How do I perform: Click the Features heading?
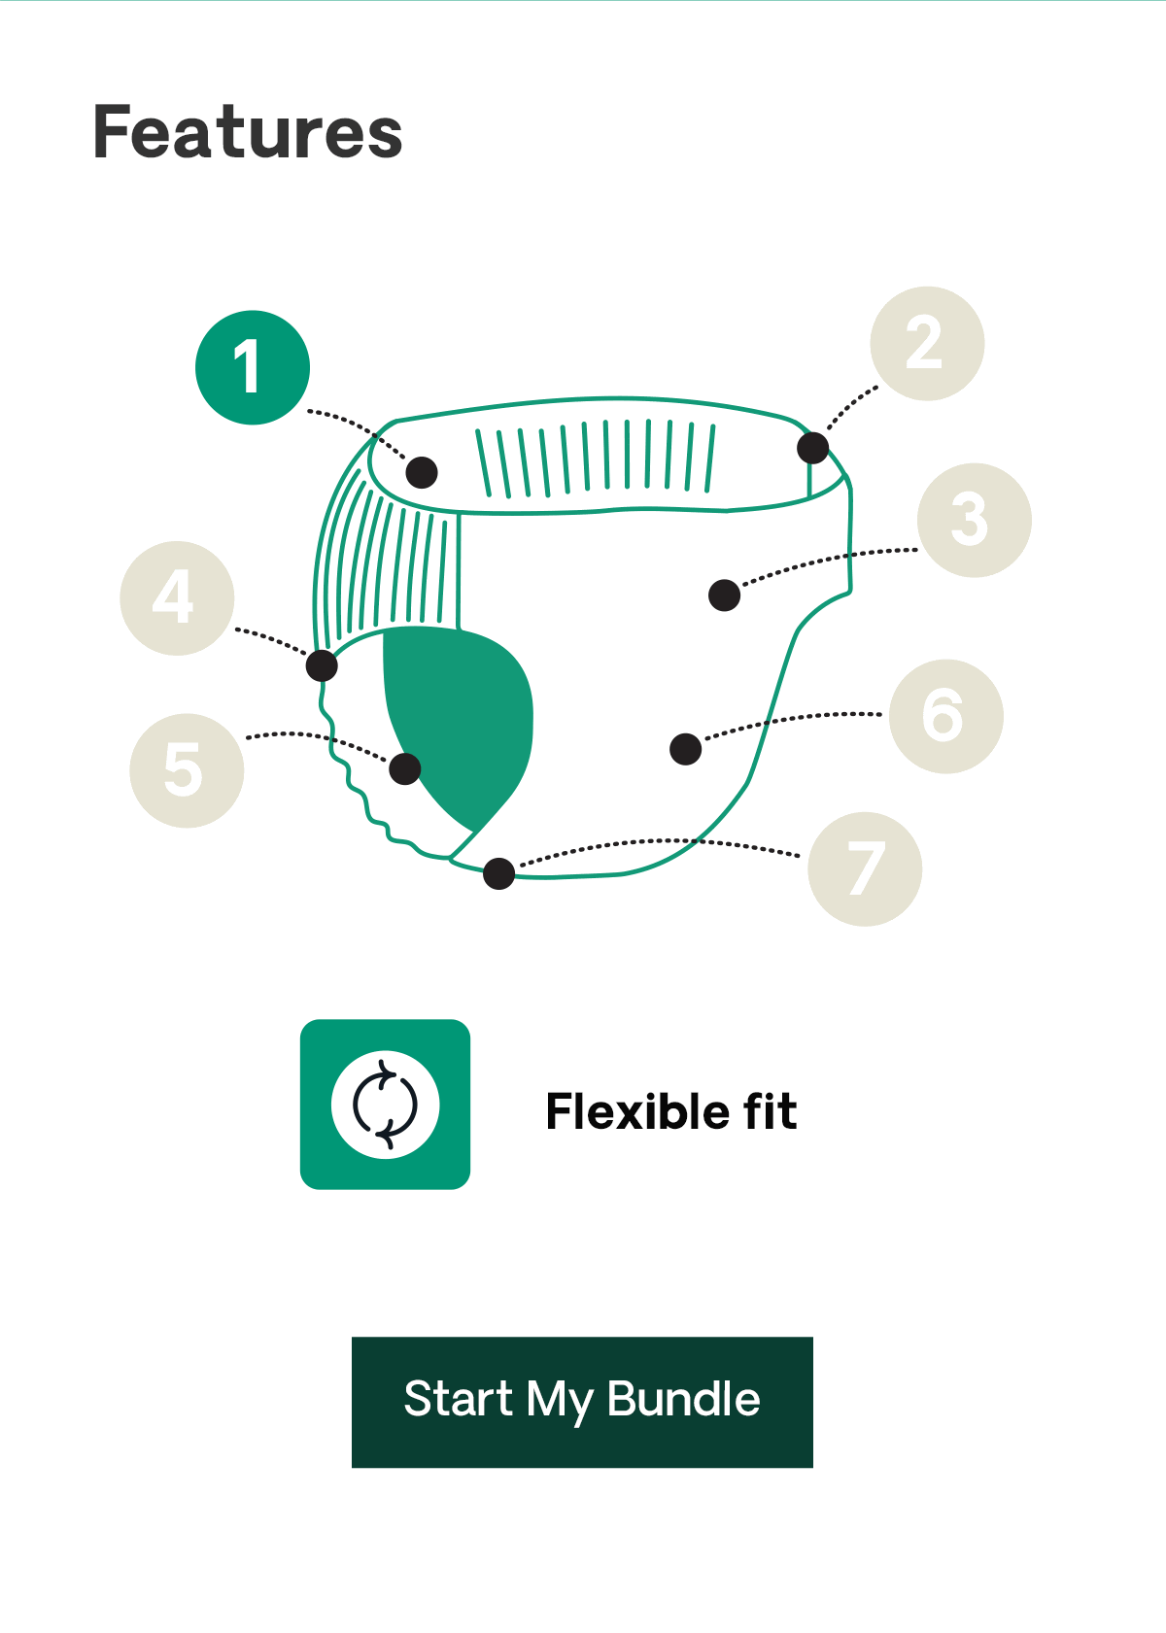tap(248, 131)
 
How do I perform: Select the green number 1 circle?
tap(253, 367)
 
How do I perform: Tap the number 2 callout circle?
tap(927, 343)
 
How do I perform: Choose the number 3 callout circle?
tap(975, 521)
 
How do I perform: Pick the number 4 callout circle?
tap(177, 597)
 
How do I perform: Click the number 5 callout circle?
tap(187, 770)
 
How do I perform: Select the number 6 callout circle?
tap(945, 717)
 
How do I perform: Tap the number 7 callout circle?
tap(865, 869)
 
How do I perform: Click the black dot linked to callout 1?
tap(422, 472)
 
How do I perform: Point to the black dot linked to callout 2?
tap(812, 448)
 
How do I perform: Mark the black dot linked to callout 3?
tap(724, 595)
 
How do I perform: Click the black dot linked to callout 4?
tap(322, 665)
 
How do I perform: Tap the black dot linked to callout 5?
tap(405, 768)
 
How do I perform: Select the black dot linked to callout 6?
tap(685, 749)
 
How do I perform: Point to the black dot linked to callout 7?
tap(498, 873)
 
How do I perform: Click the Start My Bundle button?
tap(582, 1402)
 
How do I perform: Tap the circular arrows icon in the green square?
tap(385, 1105)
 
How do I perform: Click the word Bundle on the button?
tap(683, 1399)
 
